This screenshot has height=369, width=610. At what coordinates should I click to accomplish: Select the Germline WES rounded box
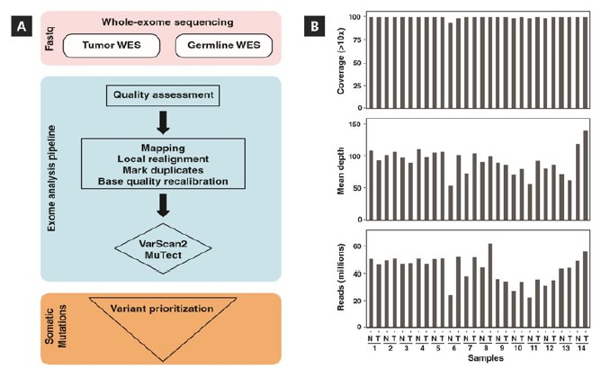click(218, 44)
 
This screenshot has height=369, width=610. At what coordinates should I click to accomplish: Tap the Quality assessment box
click(163, 94)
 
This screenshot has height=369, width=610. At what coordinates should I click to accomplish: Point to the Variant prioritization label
click(163, 309)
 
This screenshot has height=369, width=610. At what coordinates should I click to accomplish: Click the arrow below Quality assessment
click(164, 120)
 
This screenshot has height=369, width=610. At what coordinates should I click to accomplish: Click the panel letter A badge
click(20, 27)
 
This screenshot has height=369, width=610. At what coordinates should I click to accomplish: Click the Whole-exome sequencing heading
click(163, 20)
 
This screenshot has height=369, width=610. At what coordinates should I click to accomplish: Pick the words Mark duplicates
click(163, 168)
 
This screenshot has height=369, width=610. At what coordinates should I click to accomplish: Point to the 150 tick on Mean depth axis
click(354, 122)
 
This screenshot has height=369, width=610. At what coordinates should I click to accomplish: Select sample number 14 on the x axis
click(579, 347)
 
